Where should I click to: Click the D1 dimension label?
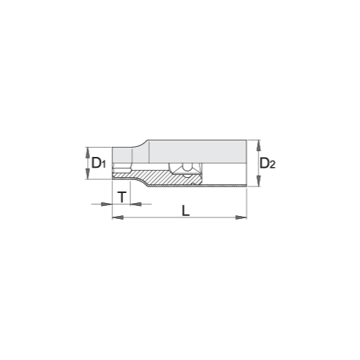pyautogui.click(x=99, y=163)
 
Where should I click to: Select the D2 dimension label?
pyautogui.click(x=268, y=163)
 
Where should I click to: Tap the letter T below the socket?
pyautogui.click(x=122, y=197)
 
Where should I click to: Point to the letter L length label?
pyautogui.click(x=186, y=210)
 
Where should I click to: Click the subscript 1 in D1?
pyautogui.click(x=104, y=164)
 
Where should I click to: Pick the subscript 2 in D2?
pyautogui.click(x=272, y=165)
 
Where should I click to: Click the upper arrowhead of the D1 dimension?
pyautogui.click(x=88, y=153)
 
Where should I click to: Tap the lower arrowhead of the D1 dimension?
pyautogui.click(x=88, y=174)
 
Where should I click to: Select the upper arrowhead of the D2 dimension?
pyautogui.click(x=258, y=145)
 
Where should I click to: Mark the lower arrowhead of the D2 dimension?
pyautogui.click(x=258, y=181)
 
